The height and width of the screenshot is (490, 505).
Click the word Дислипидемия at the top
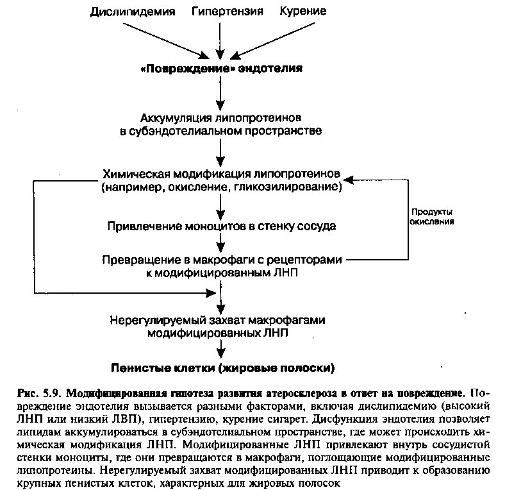133,12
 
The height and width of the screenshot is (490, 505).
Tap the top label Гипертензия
228,12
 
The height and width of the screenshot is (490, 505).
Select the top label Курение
303,12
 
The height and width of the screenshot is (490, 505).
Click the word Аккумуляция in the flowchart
176,118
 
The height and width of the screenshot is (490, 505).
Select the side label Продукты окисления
432,217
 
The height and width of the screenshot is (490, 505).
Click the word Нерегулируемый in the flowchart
158,320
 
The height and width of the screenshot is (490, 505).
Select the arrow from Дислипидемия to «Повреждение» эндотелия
166,41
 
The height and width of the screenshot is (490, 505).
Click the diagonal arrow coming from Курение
273,41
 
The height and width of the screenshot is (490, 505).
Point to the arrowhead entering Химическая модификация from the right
348,180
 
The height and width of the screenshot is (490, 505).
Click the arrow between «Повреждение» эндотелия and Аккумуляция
220,93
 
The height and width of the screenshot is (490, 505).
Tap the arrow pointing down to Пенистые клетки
220,348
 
